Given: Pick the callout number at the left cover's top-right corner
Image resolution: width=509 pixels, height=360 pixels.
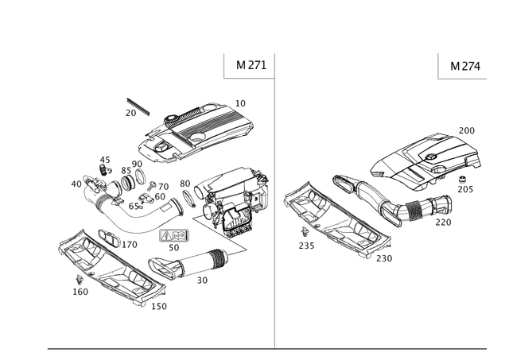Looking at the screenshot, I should pyautogui.click(x=242, y=102).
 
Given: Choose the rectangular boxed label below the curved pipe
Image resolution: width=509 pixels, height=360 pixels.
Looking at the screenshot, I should pyautogui.click(x=174, y=236).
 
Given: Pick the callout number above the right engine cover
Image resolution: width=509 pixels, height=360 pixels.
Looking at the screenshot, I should pyautogui.click(x=468, y=129).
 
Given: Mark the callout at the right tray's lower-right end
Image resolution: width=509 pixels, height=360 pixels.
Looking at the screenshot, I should pyautogui.click(x=386, y=258).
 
